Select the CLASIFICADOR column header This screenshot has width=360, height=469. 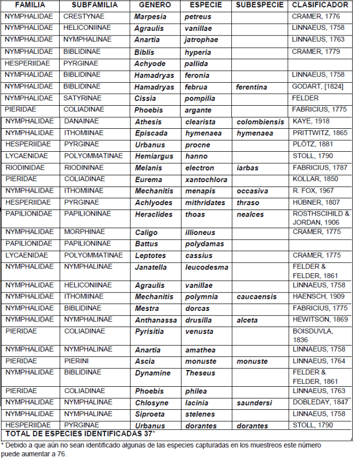(319, 5)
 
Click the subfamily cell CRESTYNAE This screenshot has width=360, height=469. (84, 17)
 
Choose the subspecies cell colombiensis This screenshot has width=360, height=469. (260, 122)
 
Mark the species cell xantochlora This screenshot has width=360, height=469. (206, 180)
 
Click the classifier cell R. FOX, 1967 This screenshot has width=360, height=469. (313, 191)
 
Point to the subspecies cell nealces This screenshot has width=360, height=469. (250, 214)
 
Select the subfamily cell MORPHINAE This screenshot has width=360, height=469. (85, 232)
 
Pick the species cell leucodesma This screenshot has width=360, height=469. (206, 267)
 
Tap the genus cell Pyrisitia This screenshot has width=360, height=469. (150, 331)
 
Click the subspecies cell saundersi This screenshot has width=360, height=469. (254, 403)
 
